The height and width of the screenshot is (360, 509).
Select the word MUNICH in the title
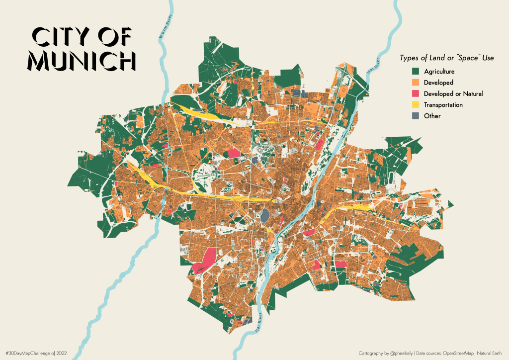click(82, 60)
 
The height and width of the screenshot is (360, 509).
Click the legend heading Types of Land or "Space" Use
click(447, 58)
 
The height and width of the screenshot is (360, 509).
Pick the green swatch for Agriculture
click(416, 72)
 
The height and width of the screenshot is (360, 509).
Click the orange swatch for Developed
click(416, 83)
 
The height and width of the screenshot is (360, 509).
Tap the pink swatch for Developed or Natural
click(416, 93)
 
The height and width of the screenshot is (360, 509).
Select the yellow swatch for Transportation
click(416, 105)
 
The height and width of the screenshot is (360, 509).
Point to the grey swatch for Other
click(416, 116)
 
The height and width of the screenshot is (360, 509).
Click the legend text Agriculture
click(439, 72)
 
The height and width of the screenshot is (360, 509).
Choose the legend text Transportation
click(443, 105)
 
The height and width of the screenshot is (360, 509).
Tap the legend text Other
click(432, 116)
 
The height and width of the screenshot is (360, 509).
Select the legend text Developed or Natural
click(453, 93)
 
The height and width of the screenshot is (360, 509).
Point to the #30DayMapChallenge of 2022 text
click(40, 353)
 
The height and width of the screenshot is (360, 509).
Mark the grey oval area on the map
click(265, 215)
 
